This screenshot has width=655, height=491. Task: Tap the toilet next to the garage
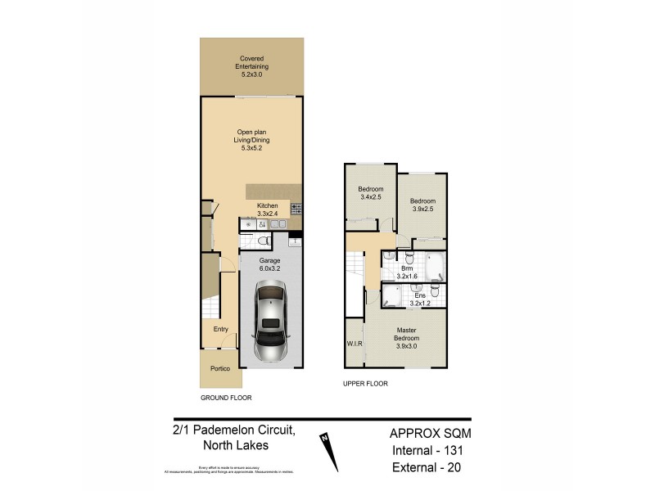(x=262, y=241)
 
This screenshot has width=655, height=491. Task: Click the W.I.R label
(x=354, y=344)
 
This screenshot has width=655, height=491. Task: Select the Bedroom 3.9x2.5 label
(x=422, y=205)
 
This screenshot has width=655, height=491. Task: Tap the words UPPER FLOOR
(x=365, y=383)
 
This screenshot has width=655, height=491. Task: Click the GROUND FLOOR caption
(x=226, y=397)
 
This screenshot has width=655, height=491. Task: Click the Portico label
(x=219, y=368)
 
